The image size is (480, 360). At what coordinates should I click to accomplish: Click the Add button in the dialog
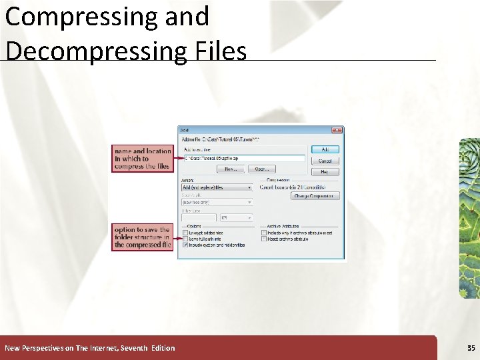click(x=325, y=149)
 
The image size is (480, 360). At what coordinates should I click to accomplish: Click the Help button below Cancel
click(x=325, y=172)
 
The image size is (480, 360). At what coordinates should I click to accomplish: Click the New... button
click(x=231, y=169)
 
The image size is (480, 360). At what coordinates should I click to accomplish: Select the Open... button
click(x=261, y=169)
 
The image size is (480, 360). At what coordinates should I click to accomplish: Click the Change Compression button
click(x=315, y=196)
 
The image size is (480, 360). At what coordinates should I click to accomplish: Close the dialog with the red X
click(x=337, y=130)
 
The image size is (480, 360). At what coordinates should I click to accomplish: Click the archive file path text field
click(x=243, y=159)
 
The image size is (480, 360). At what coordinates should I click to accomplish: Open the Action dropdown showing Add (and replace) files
click(x=217, y=187)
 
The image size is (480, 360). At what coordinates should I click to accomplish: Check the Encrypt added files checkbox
click(x=185, y=233)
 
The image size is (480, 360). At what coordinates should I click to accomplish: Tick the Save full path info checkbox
click(x=185, y=239)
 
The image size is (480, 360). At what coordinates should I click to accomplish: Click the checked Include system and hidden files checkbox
click(x=185, y=245)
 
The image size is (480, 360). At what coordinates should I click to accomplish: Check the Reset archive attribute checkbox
click(x=264, y=239)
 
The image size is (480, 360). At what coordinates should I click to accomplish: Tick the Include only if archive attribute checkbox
click(x=264, y=233)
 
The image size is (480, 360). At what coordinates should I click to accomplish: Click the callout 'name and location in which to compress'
click(x=142, y=159)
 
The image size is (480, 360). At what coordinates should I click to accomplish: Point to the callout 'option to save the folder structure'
click(x=142, y=237)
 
